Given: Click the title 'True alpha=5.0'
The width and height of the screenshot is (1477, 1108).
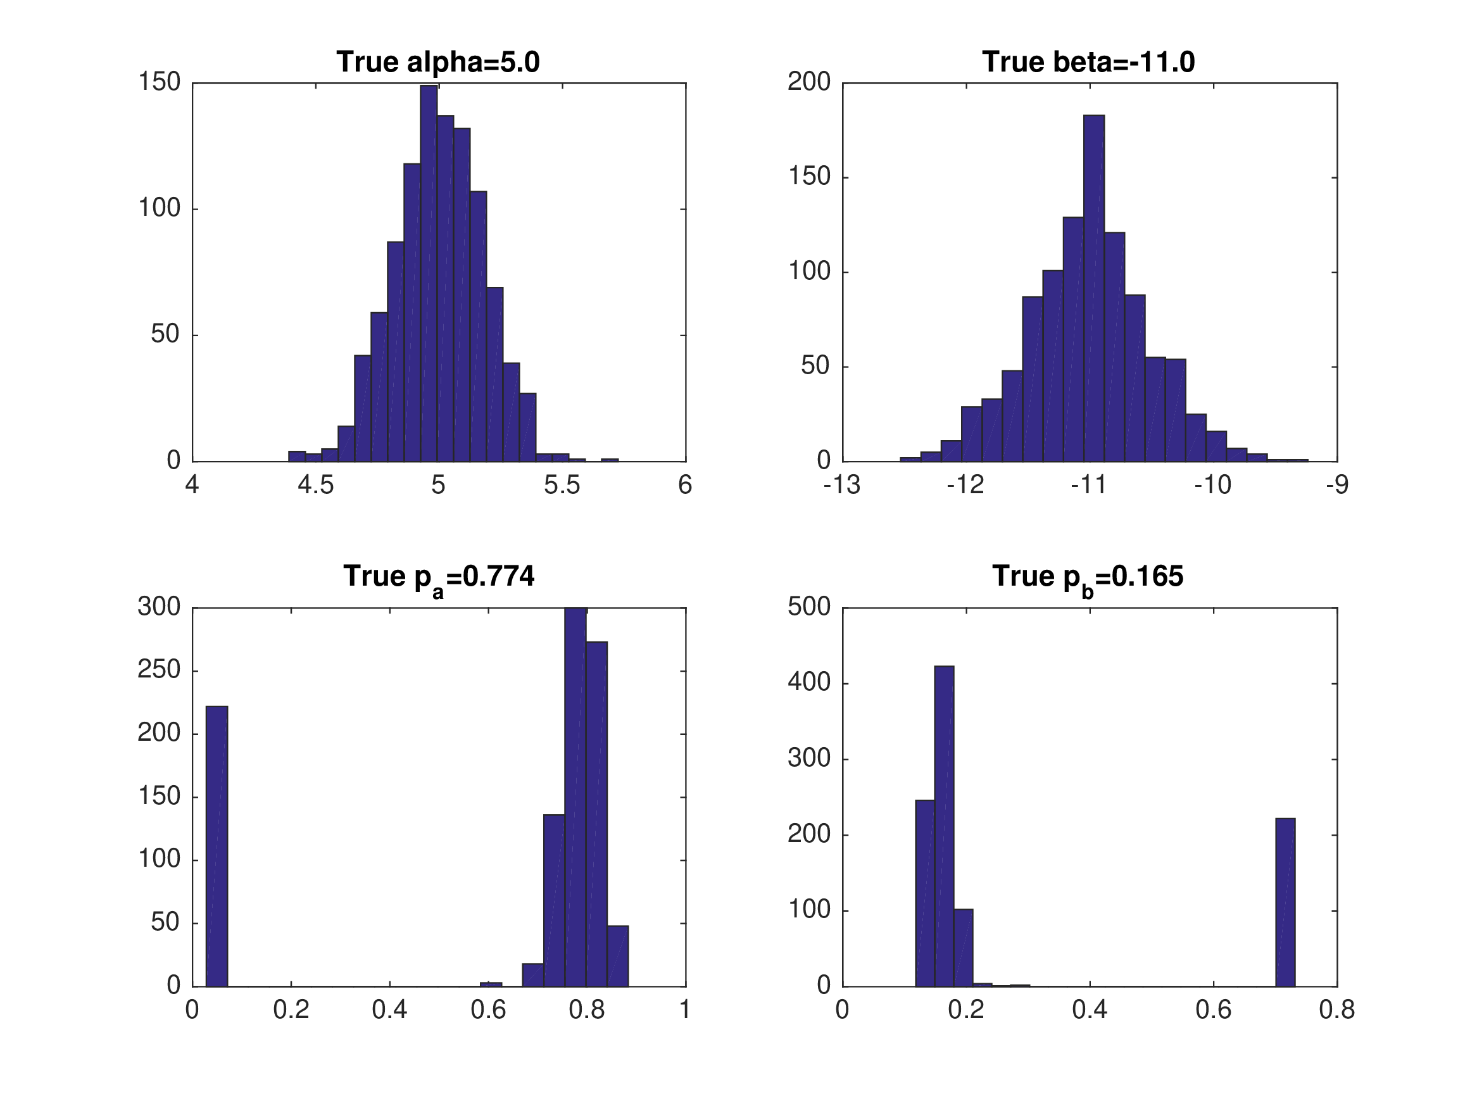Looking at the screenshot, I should pos(438,62).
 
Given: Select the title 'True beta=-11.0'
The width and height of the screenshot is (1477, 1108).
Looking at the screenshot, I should pos(1088,62).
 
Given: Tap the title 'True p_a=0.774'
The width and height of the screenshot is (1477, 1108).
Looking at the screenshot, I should pos(439,577).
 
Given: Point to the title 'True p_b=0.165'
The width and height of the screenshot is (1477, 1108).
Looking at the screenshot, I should pos(1088,577).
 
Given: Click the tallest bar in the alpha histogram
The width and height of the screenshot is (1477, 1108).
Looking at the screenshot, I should pos(429,274).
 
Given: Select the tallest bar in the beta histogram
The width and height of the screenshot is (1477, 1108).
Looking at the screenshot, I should pos(1094,287).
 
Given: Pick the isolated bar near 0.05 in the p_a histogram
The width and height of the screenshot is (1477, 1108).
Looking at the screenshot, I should pos(217,845).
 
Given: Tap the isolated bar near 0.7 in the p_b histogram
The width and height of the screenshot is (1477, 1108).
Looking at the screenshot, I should pos(1285,902).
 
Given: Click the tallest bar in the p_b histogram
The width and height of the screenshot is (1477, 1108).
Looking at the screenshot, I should pos(943,826).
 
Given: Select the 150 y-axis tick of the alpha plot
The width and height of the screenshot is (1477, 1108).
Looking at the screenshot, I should pos(160,82).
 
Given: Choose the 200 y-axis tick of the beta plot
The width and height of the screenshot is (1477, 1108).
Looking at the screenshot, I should pos(808,82).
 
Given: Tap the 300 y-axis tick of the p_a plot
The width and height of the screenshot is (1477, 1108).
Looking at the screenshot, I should pos(160,607).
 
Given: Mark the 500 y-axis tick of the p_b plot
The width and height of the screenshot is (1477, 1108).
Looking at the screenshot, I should pos(808,607).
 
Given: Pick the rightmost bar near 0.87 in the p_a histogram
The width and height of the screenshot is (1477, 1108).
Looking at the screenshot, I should pos(618,955).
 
